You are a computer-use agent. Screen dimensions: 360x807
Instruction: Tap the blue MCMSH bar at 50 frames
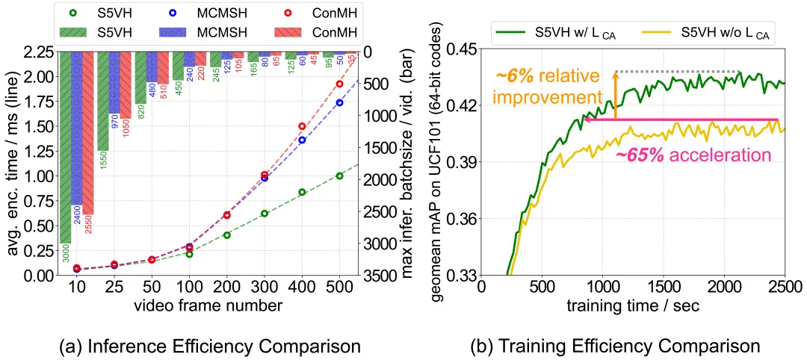pos(152,67)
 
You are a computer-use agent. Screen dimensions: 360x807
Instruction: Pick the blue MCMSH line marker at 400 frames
pos(303,140)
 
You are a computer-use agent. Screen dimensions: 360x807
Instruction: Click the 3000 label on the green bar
pos(67,258)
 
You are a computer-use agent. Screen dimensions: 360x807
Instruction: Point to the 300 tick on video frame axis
pos(265,288)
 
